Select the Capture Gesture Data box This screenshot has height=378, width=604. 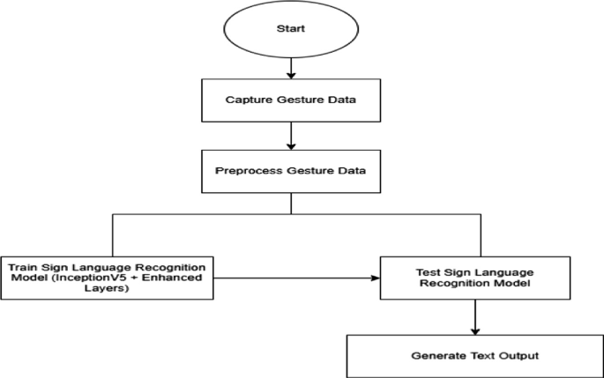click(291, 100)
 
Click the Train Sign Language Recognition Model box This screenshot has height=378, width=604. click(107, 277)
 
